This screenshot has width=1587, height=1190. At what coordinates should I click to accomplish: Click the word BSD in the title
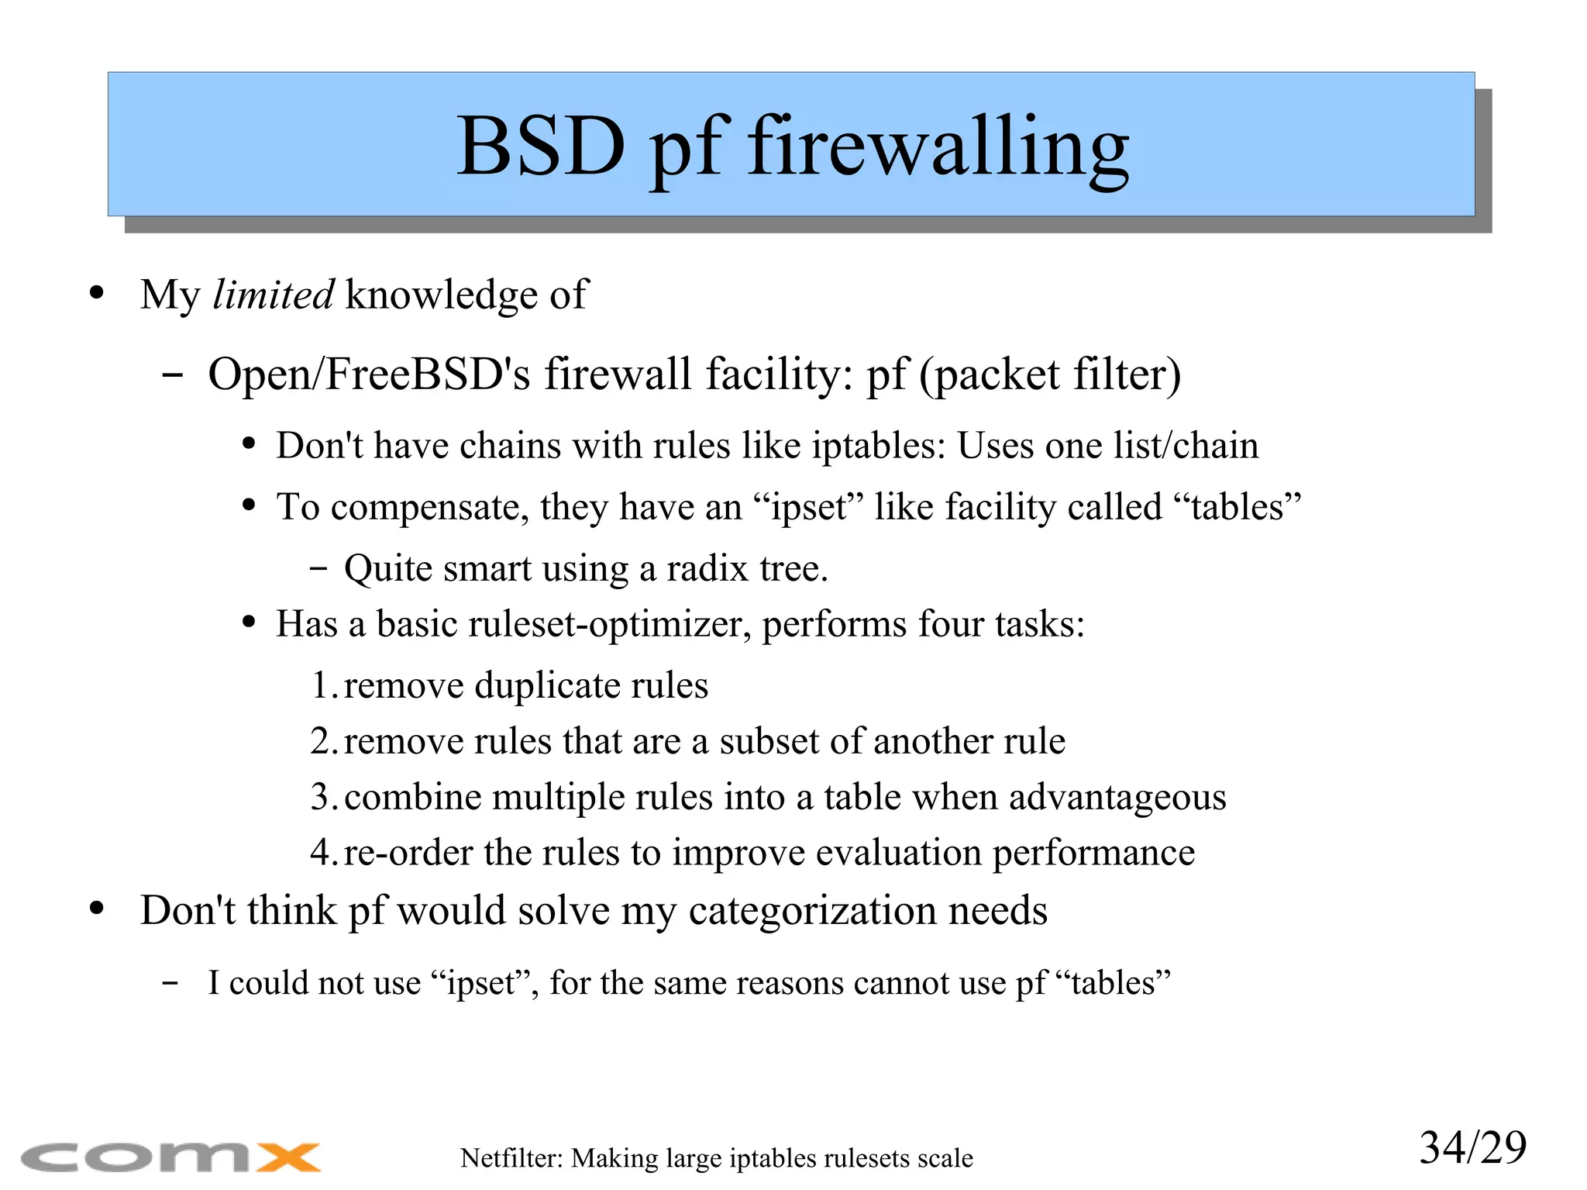[x=540, y=146]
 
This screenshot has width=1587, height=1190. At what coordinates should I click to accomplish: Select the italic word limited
[x=273, y=295]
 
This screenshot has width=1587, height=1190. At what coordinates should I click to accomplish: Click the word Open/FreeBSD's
[x=369, y=374]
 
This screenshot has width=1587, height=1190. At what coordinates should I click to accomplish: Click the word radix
[x=709, y=568]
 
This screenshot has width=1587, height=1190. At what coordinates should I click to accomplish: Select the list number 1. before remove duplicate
[x=324, y=685]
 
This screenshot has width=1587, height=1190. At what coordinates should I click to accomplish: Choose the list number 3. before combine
[x=324, y=797]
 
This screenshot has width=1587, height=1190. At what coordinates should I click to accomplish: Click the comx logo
[x=170, y=1157]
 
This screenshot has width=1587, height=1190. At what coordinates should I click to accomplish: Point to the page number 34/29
[x=1472, y=1147]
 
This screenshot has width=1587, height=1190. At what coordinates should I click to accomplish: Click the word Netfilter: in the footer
[x=511, y=1158]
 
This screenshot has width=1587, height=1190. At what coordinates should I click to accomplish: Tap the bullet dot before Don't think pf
[x=97, y=909]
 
